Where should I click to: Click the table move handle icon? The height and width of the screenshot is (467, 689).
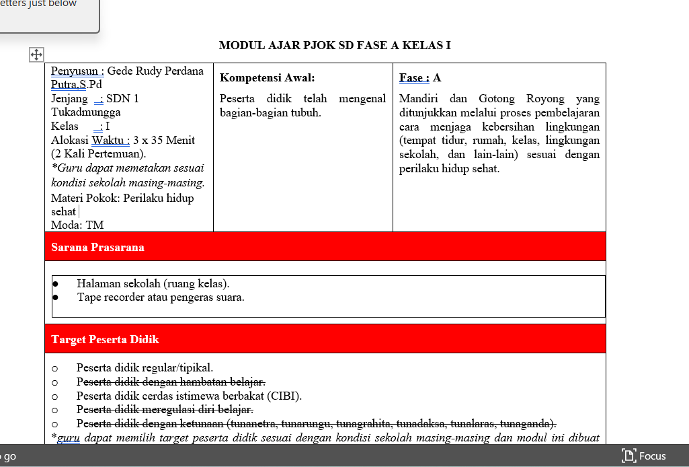pos(36,55)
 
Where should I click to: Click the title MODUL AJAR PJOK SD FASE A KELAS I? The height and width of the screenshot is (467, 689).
pos(335,46)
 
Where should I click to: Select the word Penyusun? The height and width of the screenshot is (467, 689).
pos(76,71)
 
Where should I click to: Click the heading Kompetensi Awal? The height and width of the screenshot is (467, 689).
pos(267,78)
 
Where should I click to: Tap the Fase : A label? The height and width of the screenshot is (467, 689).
pos(419,78)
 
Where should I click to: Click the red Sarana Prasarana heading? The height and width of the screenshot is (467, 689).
pos(97,247)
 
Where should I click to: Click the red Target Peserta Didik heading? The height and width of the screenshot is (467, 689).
pos(105,339)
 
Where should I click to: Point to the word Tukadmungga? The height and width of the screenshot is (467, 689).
pos(86,112)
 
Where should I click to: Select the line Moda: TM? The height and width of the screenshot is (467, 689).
pos(77,225)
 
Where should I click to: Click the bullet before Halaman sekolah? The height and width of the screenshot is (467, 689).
pos(56,284)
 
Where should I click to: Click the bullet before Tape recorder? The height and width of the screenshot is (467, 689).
pos(56,297)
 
